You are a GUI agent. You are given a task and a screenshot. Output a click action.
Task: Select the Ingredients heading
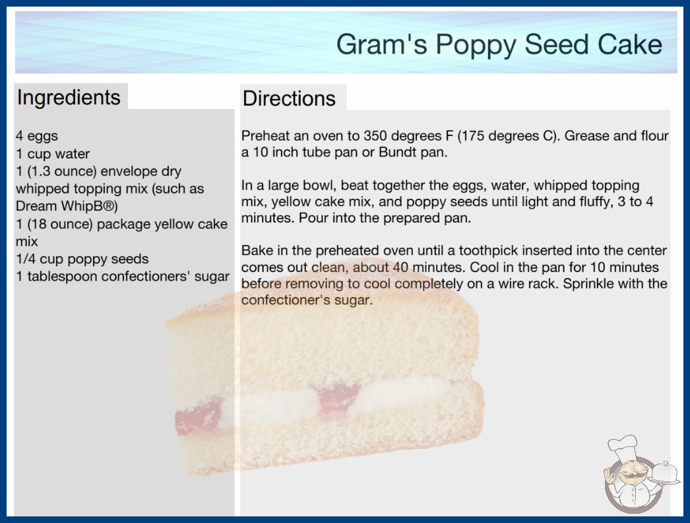click(x=69, y=98)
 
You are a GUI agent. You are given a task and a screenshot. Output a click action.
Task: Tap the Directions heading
click(x=289, y=98)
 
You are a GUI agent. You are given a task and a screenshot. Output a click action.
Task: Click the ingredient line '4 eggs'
click(x=37, y=136)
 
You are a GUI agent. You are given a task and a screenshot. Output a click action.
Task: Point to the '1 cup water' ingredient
click(x=53, y=154)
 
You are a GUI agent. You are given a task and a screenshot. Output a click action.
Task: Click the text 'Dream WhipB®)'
click(x=67, y=206)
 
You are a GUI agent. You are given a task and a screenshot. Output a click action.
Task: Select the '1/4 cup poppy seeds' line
click(x=82, y=259)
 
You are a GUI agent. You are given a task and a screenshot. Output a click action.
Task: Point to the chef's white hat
click(x=623, y=446)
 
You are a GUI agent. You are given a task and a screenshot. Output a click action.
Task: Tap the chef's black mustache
click(x=630, y=477)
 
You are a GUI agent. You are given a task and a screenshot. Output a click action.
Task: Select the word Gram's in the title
click(x=382, y=44)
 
